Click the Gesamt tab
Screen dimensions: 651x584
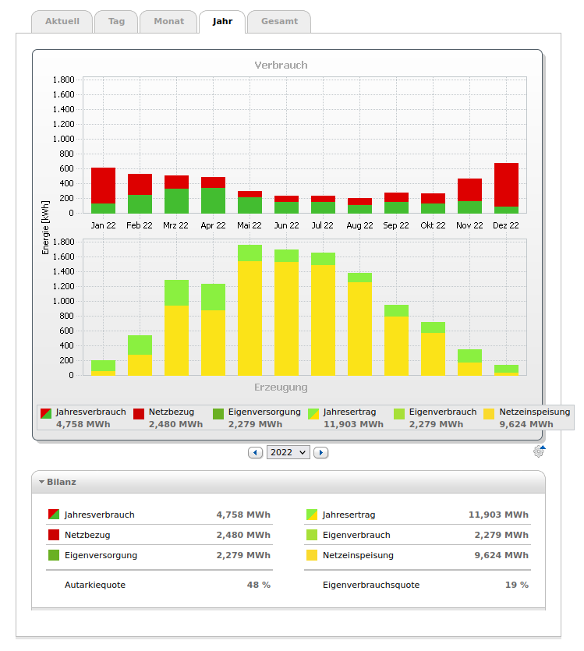(x=279, y=22)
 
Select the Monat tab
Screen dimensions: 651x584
(x=168, y=22)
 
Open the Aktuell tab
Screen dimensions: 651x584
(x=62, y=22)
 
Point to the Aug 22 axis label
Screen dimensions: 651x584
(x=359, y=225)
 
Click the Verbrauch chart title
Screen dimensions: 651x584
(x=281, y=65)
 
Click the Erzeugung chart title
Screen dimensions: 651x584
(x=281, y=387)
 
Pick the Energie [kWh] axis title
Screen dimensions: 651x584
(x=45, y=226)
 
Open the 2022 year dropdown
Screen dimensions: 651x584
(x=288, y=452)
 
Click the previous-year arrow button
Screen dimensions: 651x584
(x=255, y=452)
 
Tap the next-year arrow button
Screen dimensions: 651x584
(x=320, y=452)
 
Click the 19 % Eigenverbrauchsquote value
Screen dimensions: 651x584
(x=518, y=585)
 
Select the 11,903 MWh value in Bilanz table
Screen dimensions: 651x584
(x=498, y=515)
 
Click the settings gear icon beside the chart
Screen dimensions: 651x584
(x=539, y=451)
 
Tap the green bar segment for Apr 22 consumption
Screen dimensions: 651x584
(x=213, y=200)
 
